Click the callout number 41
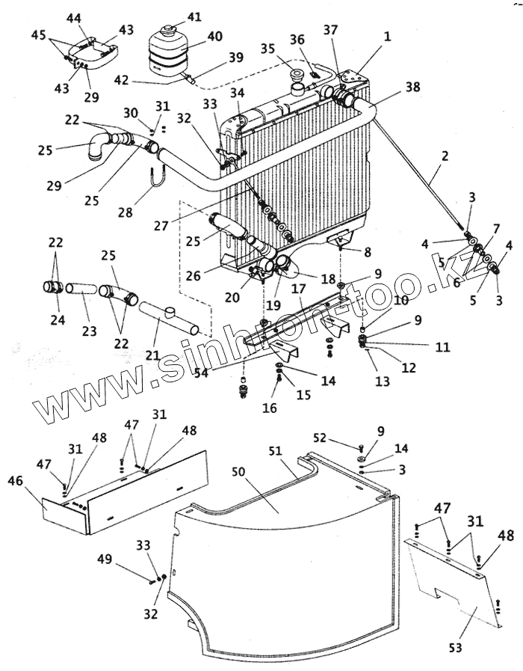coord(194,16)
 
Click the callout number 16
coord(270,408)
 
